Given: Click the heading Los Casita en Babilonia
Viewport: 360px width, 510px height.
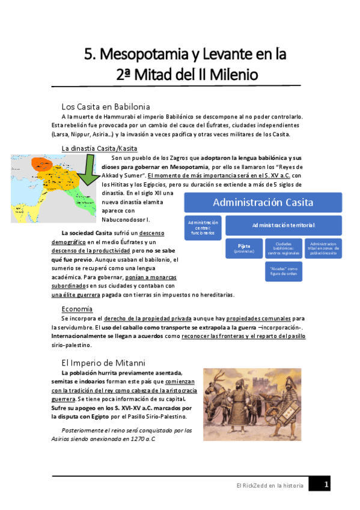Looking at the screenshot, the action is pos(105,106).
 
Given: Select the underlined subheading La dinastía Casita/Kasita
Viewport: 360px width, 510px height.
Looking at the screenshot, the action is pos(100,148).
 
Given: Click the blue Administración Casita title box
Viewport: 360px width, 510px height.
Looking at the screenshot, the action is pos(263,202).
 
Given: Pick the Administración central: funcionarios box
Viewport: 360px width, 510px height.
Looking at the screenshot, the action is pos(203,227).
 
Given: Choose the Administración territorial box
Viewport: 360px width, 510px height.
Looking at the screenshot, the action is pos(284,225).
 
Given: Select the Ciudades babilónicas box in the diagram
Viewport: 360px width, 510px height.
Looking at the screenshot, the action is pos(284,248).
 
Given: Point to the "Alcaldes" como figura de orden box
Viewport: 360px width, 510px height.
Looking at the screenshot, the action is pos(284,271).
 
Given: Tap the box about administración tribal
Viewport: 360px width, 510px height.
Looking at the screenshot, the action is pos(323,248).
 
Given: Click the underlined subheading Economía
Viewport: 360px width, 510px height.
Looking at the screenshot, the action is pos(77,309).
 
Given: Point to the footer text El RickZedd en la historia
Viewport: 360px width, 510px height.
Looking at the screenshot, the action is pos(269,485).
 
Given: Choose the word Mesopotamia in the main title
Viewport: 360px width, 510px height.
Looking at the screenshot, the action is pos(144,55).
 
